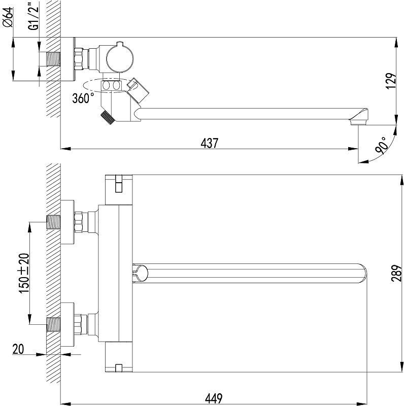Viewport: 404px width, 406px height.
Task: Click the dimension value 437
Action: point(210,143)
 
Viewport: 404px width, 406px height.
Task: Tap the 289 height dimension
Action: point(396,273)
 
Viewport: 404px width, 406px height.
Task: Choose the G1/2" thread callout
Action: point(34,16)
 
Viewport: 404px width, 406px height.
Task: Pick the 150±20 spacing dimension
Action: point(24,273)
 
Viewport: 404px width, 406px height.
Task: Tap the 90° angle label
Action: point(381,146)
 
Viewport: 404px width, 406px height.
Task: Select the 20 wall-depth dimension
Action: point(18,349)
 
